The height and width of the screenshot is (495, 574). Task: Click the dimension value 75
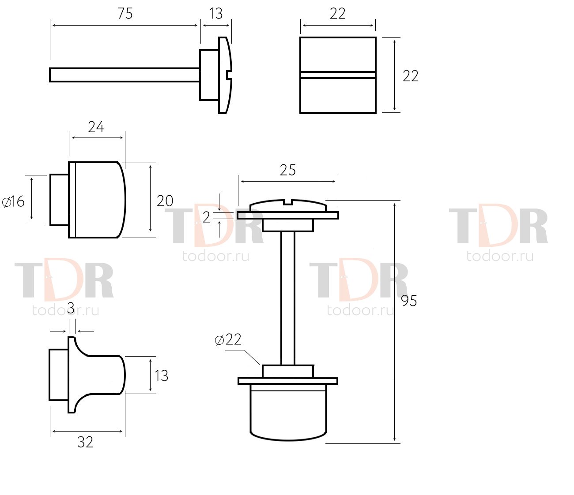(x=125, y=13)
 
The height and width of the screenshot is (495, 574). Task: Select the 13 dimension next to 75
(x=216, y=13)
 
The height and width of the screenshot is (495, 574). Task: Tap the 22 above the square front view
(x=338, y=13)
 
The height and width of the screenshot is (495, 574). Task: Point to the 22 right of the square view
(x=411, y=76)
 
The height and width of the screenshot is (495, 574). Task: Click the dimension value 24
(x=96, y=127)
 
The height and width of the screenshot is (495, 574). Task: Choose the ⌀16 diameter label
(x=13, y=201)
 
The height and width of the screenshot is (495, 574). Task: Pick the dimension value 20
(x=165, y=201)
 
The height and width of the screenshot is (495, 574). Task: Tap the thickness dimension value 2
(x=206, y=217)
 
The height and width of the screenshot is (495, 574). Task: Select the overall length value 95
(x=409, y=301)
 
